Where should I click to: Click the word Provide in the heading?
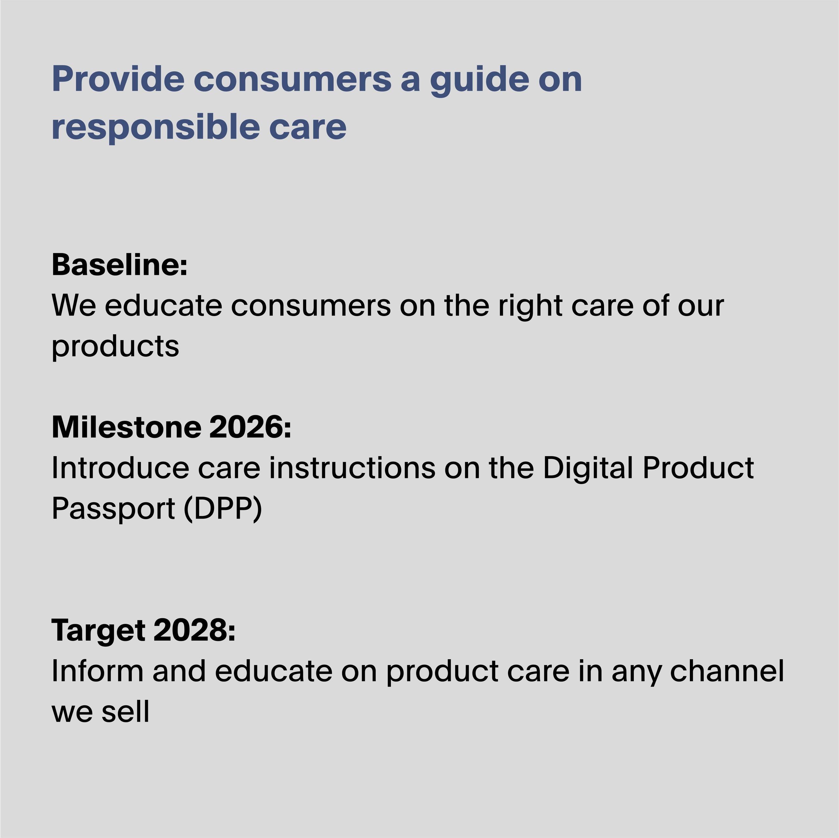point(118,79)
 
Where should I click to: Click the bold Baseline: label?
point(119,264)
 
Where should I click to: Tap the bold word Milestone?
point(127,427)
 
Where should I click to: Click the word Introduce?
point(120,468)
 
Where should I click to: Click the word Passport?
point(113,510)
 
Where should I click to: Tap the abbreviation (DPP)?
point(223,510)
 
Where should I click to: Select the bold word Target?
point(98,631)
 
